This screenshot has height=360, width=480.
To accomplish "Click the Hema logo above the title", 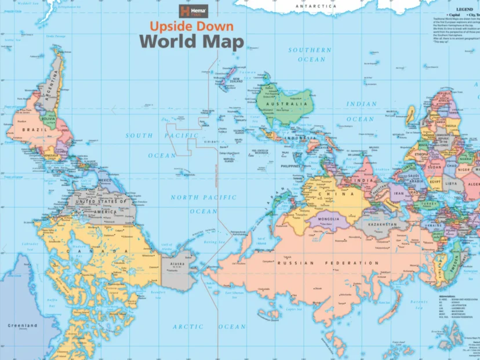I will [194, 10].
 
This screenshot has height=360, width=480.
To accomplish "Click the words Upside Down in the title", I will [192, 26].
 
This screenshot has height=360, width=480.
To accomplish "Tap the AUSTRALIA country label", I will [279, 104].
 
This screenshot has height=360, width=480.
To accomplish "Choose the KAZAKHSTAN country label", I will [380, 224].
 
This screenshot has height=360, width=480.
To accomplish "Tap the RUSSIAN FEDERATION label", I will [328, 263].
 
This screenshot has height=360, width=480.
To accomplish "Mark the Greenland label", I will [22, 326].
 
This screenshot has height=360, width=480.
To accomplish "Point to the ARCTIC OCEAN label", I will [209, 327].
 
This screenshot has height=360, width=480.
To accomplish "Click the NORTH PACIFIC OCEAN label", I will [203, 204].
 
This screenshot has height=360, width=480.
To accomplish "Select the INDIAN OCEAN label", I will [361, 111].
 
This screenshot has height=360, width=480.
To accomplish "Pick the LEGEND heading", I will [464, 10].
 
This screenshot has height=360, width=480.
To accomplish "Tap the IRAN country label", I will [398, 193].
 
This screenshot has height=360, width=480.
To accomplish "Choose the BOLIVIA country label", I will [48, 119].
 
